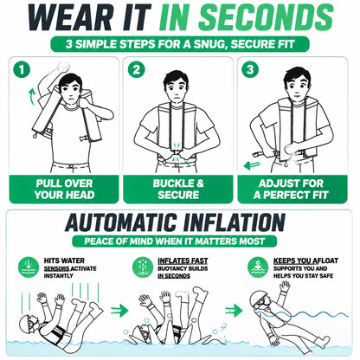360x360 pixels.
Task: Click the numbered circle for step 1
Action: pyautogui.click(x=22, y=69)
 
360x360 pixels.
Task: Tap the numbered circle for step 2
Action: pyautogui.click(x=136, y=69)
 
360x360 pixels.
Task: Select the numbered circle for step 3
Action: pyautogui.click(x=250, y=69)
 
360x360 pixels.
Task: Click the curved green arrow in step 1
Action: pyautogui.click(x=32, y=97)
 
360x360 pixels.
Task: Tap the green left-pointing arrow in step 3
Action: pyautogui.click(x=252, y=165)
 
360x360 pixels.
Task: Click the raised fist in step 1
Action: pyautogui.click(x=63, y=67)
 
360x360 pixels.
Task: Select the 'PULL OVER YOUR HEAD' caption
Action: pyautogui.click(x=64, y=190)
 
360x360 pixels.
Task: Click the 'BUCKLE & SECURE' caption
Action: pyautogui.click(x=178, y=190)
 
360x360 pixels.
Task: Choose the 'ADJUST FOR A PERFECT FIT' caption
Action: pyautogui.click(x=291, y=190)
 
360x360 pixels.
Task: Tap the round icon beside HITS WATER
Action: pyautogui.click(x=29, y=267)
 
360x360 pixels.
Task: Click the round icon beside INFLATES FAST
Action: pyautogui.click(x=143, y=267)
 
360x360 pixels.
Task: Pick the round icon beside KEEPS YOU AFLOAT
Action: pyautogui.click(x=258, y=267)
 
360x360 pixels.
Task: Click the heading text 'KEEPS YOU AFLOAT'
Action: pyautogui.click(x=305, y=260)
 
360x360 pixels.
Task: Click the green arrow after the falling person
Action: pyautogui.click(x=119, y=311)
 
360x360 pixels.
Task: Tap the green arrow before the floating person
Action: pyautogui.click(x=234, y=311)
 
